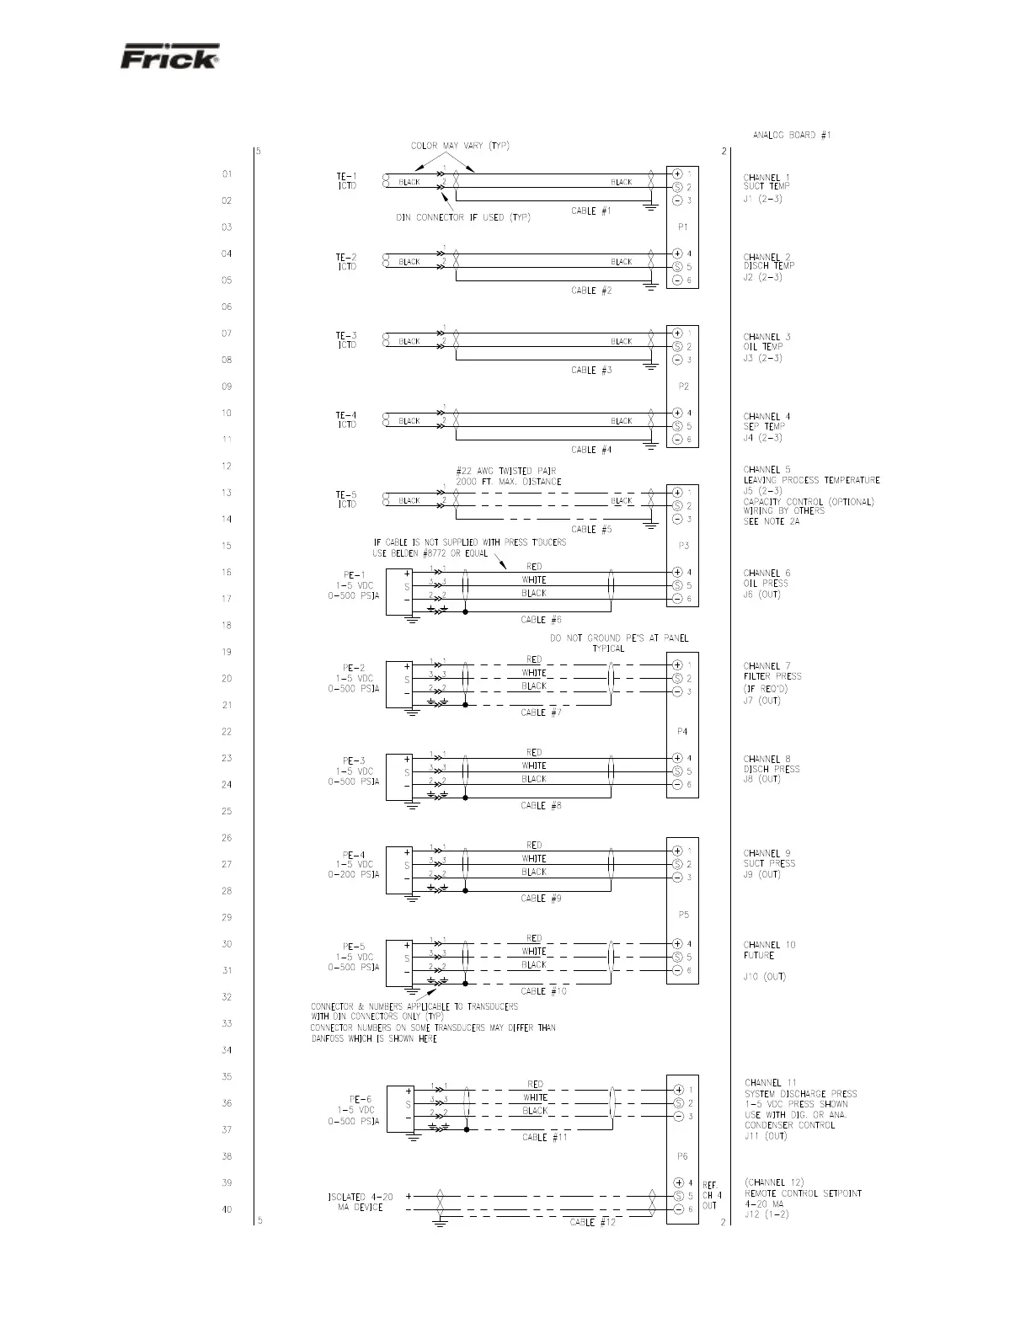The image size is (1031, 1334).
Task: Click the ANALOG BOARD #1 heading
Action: click(x=791, y=135)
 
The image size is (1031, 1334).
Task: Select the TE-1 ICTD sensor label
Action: click(x=346, y=181)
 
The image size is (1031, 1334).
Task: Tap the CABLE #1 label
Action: click(x=591, y=211)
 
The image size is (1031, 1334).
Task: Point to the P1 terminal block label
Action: click(x=683, y=227)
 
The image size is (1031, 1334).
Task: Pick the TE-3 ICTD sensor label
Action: click(x=346, y=340)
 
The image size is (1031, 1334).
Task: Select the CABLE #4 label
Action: click(x=591, y=450)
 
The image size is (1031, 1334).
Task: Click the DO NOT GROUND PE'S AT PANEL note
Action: click(x=618, y=643)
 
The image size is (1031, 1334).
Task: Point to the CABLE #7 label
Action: click(x=541, y=712)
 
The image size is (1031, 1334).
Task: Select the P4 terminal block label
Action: click(x=683, y=732)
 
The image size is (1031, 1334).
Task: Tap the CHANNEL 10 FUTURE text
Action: click(x=769, y=950)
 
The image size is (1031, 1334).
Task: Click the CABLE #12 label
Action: click(x=592, y=1222)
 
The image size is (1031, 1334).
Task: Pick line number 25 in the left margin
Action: click(x=227, y=811)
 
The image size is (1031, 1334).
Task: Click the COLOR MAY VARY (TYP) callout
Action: click(x=460, y=146)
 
